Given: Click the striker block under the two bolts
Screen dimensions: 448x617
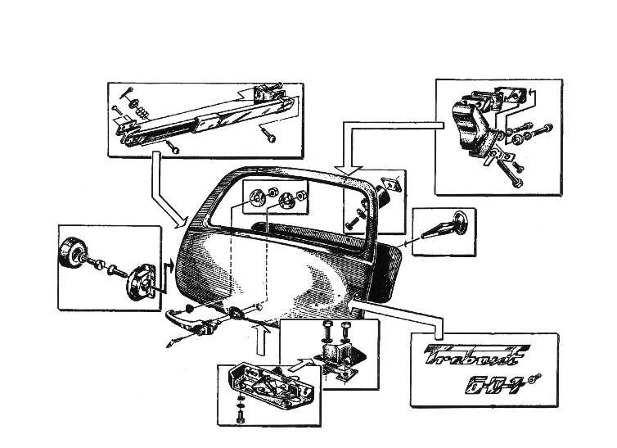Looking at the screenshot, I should [335, 359].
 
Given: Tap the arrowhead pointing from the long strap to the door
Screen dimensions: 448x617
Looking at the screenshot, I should [179, 219].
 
